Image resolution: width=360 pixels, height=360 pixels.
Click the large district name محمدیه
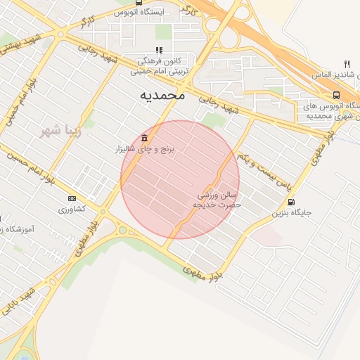coord(162,95)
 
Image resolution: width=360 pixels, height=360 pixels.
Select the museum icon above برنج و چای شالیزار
coord(144,137)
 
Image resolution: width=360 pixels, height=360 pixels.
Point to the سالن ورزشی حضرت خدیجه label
coord(217,199)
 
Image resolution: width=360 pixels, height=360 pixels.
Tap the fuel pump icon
coord(290,201)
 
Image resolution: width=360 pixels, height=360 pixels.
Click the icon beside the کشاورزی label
coord(72,199)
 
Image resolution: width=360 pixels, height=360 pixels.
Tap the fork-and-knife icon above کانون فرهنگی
coord(159,50)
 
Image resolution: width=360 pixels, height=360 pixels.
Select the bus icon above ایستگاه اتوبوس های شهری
coord(336,96)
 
